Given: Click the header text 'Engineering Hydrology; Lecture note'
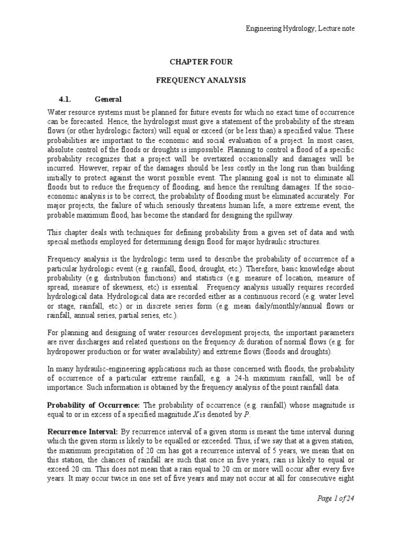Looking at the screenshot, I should [300, 28].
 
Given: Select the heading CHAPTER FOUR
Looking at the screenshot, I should [200, 62].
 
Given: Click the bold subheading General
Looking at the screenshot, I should [108, 99].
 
